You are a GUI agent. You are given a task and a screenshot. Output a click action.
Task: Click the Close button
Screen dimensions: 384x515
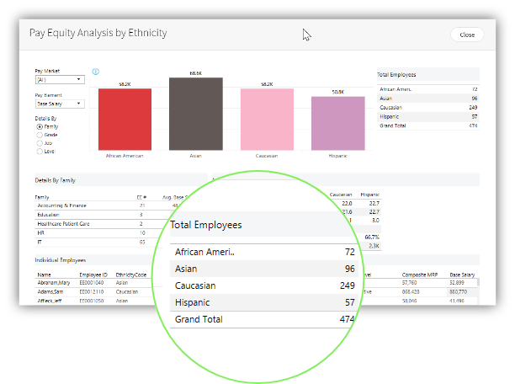pos(466,35)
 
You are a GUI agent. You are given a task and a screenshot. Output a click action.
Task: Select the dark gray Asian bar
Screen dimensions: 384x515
pos(195,114)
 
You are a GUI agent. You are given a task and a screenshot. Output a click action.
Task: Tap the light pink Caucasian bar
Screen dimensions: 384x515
pos(266,119)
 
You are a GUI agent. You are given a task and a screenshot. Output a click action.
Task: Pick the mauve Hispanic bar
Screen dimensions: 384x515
pos(337,123)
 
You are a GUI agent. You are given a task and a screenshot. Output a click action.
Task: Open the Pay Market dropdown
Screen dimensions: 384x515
pos(59,79)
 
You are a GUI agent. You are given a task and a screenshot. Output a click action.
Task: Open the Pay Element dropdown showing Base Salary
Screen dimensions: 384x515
pos(59,104)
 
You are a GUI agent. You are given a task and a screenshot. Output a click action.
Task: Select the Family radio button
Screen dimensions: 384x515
pos(40,126)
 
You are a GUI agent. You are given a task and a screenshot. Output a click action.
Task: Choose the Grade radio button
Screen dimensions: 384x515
pos(40,135)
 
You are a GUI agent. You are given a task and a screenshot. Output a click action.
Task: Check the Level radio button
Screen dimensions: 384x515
pos(40,152)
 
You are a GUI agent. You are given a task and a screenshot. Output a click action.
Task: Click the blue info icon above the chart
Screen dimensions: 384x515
pos(97,72)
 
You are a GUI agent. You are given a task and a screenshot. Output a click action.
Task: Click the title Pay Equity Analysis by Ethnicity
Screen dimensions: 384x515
pos(98,33)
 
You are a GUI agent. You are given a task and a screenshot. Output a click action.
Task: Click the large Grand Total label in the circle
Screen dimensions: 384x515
pos(198,320)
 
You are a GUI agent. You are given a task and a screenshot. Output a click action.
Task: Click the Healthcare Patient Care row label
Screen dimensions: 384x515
pos(62,224)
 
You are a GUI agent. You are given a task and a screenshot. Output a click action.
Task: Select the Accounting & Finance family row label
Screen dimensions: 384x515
pos(61,205)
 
